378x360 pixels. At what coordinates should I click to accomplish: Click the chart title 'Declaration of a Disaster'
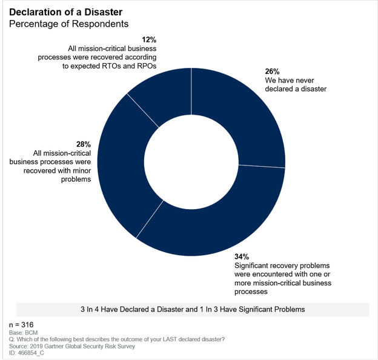[65, 12]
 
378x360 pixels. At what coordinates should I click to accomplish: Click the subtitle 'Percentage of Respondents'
[68, 24]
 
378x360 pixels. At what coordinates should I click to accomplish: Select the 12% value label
[149, 39]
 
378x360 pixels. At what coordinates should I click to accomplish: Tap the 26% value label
[272, 72]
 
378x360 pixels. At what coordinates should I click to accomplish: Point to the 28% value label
[84, 144]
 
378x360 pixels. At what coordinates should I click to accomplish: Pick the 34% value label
[242, 256]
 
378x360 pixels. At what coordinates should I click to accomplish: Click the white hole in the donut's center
[191, 162]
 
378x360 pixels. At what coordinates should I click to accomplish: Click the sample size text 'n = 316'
[21, 325]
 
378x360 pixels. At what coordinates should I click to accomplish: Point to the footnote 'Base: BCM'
[24, 333]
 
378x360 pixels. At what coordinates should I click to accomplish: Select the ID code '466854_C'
[31, 353]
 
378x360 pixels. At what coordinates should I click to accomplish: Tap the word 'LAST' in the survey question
[171, 339]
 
